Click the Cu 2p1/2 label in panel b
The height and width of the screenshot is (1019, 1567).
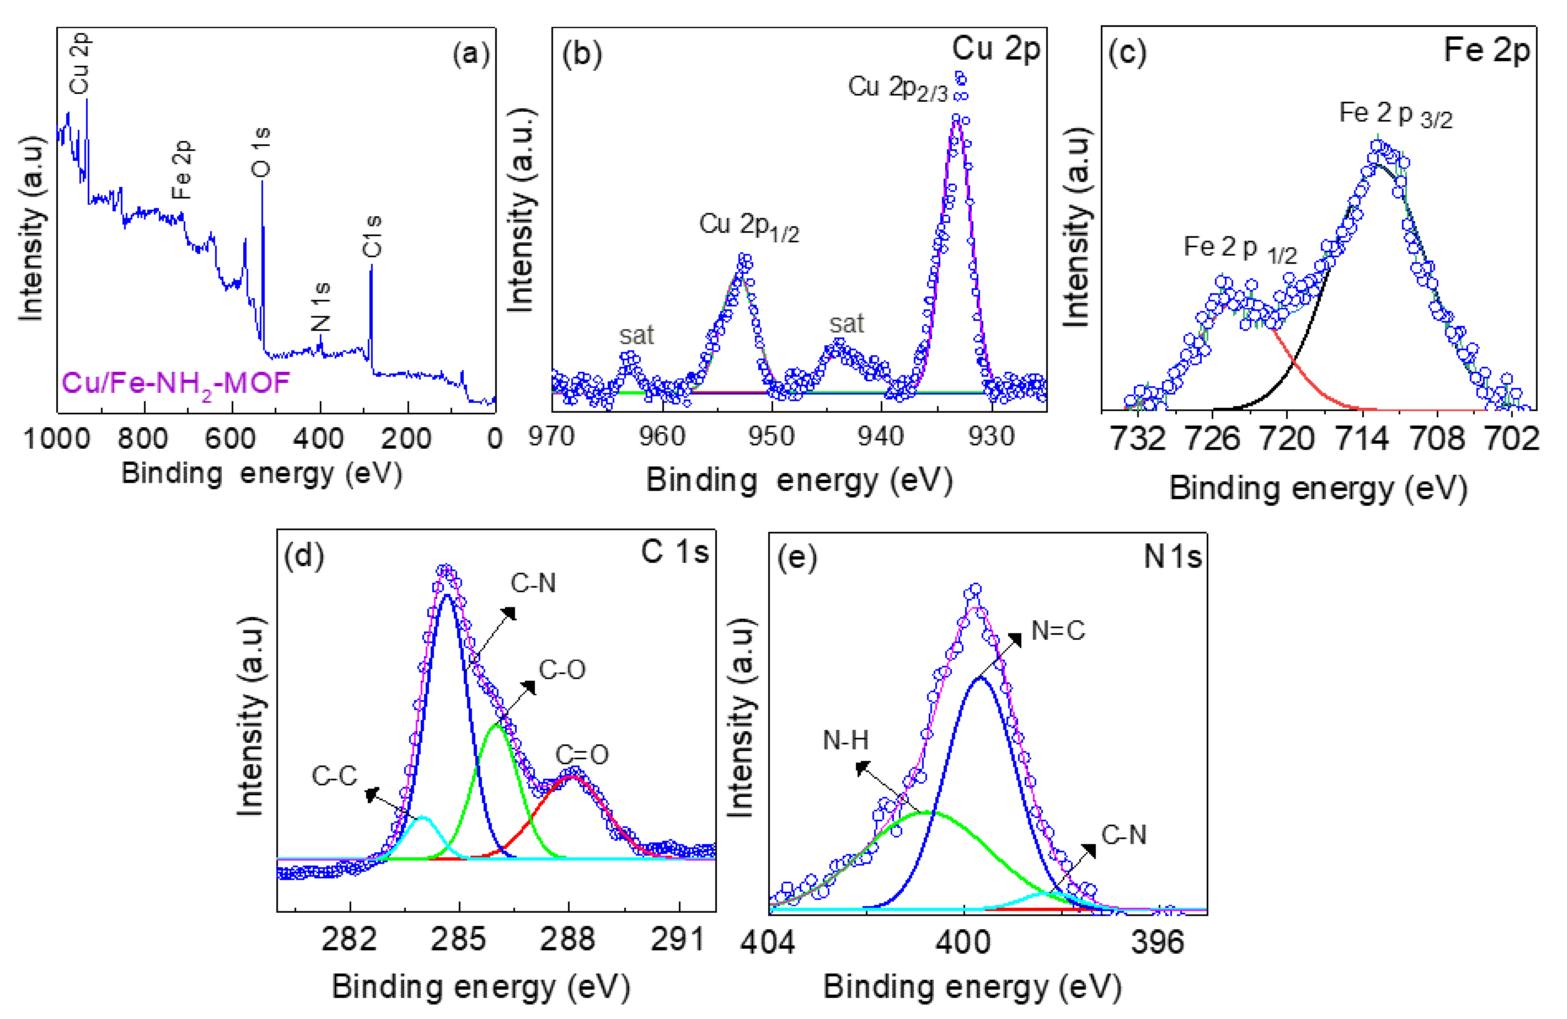tap(749, 227)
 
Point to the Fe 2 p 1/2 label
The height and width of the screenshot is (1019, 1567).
tap(1240, 249)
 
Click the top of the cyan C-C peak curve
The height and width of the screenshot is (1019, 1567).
tap(423, 818)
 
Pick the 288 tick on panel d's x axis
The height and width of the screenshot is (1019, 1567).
tap(568, 939)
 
